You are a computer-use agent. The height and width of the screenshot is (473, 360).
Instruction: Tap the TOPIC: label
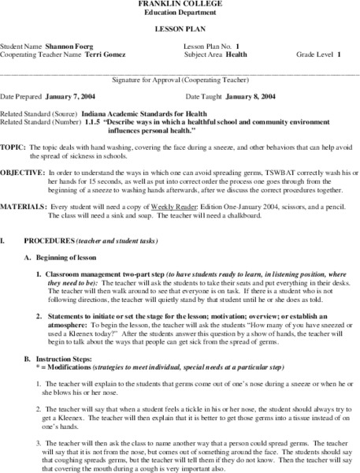click(13, 147)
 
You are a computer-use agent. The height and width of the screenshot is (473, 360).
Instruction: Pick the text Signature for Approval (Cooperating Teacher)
click(181, 80)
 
